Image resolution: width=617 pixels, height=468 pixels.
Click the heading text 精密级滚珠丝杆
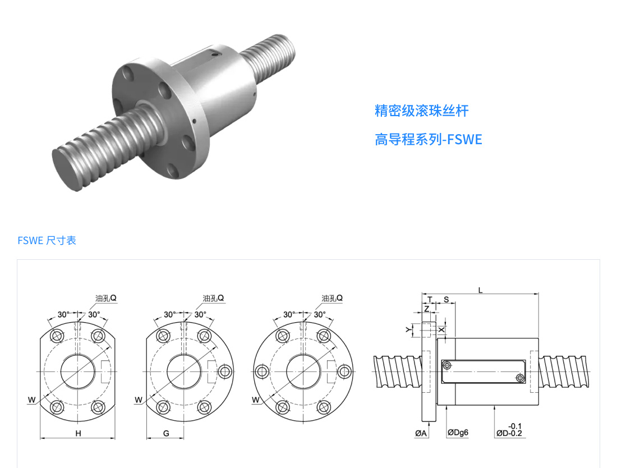[421, 111]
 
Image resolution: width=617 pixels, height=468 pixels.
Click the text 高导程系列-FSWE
[428, 139]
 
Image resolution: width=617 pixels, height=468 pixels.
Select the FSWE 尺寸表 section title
[47, 241]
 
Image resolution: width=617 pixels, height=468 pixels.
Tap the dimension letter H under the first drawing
[79, 433]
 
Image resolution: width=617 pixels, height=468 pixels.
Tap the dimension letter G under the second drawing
[166, 433]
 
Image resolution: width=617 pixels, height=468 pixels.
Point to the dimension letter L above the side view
[480, 291]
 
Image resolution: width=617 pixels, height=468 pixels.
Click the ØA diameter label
[421, 433]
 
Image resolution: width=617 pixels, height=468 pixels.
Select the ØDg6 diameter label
[458, 433]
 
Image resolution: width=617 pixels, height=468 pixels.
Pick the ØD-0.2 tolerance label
[509, 433]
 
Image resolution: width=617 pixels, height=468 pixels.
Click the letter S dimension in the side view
[446, 300]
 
